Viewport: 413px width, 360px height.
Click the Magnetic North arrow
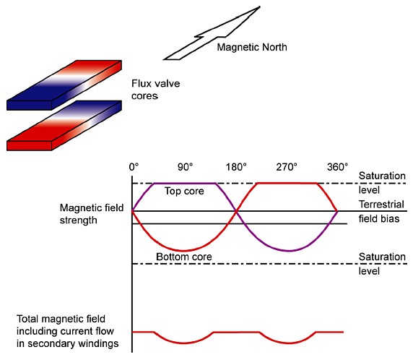211,34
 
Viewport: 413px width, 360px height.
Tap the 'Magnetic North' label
252,47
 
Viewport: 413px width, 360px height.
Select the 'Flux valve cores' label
156,90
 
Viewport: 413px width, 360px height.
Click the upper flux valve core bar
64,85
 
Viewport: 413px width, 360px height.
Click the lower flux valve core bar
64,125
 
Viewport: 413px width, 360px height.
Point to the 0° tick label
134,167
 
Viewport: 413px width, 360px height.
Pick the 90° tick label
185,167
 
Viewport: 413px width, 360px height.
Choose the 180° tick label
236,167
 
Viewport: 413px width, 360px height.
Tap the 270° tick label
287,167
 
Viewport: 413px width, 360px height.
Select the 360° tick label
338,167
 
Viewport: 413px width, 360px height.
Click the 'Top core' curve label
184,192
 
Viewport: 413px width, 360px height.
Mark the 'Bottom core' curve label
184,257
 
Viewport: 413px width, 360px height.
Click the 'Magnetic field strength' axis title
92,214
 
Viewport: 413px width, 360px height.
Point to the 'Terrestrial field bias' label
381,212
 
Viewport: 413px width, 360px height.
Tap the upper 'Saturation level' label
382,183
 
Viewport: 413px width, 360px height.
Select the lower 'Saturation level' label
382,264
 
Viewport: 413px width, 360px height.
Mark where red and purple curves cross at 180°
236,211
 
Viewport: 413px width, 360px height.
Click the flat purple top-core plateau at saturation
184,183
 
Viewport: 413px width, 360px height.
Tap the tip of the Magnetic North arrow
260,7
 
